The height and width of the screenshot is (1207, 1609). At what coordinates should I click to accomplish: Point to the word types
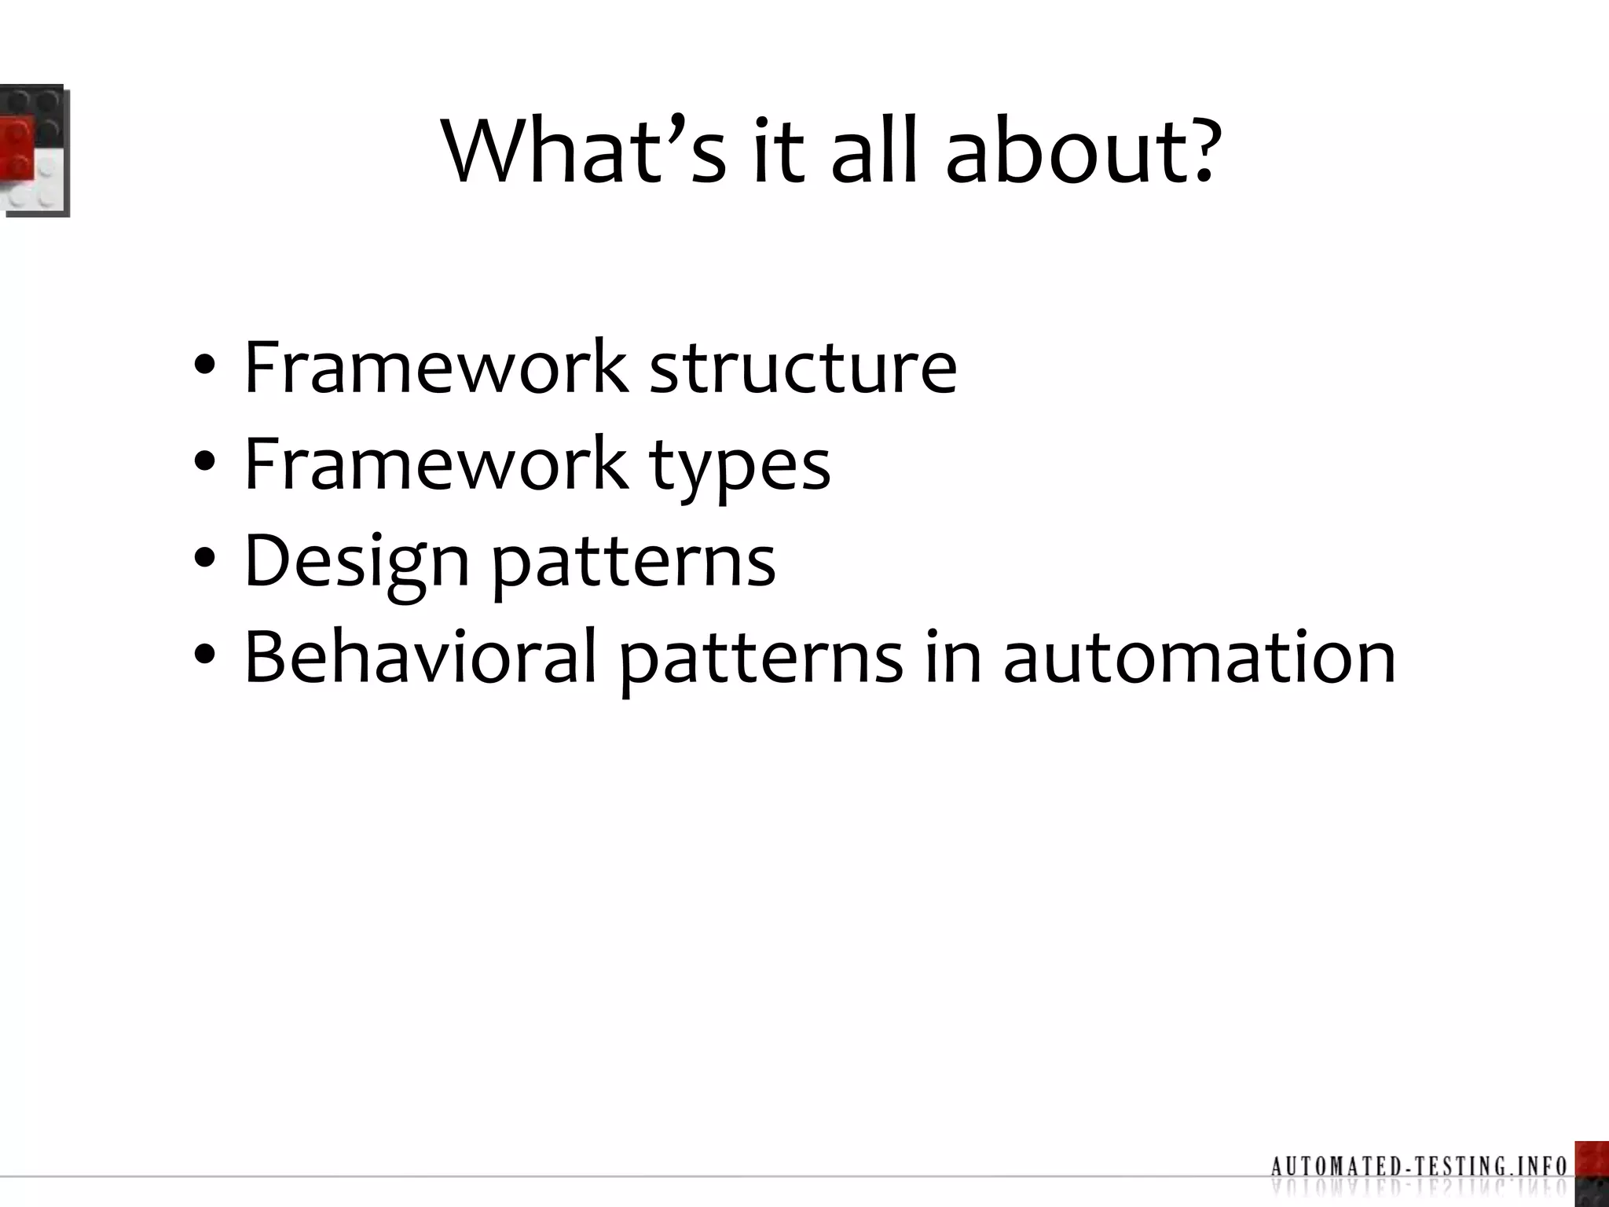(x=739, y=465)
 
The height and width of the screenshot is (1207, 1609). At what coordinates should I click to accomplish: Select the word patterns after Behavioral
(x=761, y=659)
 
